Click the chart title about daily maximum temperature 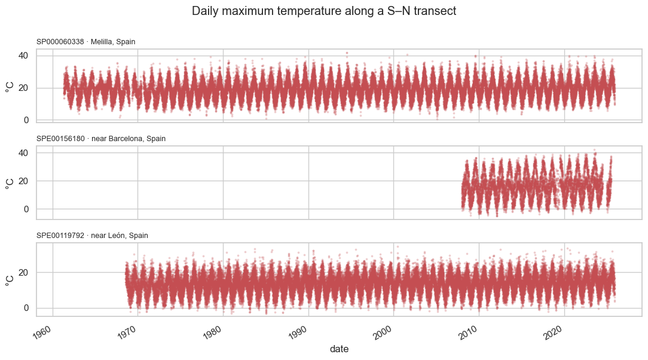click(x=324, y=11)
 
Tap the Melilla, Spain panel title click(x=86, y=42)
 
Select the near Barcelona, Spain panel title click(x=101, y=139)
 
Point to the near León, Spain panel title click(x=92, y=235)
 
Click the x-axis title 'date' click(x=340, y=349)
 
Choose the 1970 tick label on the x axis click(x=127, y=332)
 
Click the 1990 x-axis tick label click(x=297, y=332)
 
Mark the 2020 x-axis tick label click(x=553, y=332)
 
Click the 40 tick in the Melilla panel click(x=23, y=56)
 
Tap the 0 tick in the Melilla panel click(x=26, y=120)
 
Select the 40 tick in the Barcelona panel click(x=23, y=153)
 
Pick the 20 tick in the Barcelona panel click(x=23, y=181)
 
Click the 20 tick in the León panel click(x=23, y=272)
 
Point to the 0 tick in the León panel click(x=26, y=308)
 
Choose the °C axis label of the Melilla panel click(x=10, y=87)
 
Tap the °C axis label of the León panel click(x=10, y=280)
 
